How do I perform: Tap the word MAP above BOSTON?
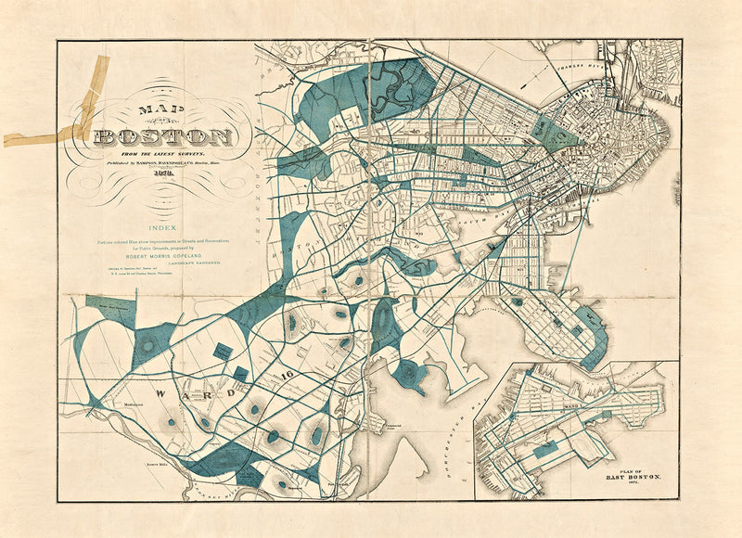point(157,109)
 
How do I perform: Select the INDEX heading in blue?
point(163,225)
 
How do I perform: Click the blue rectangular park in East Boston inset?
point(546,449)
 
